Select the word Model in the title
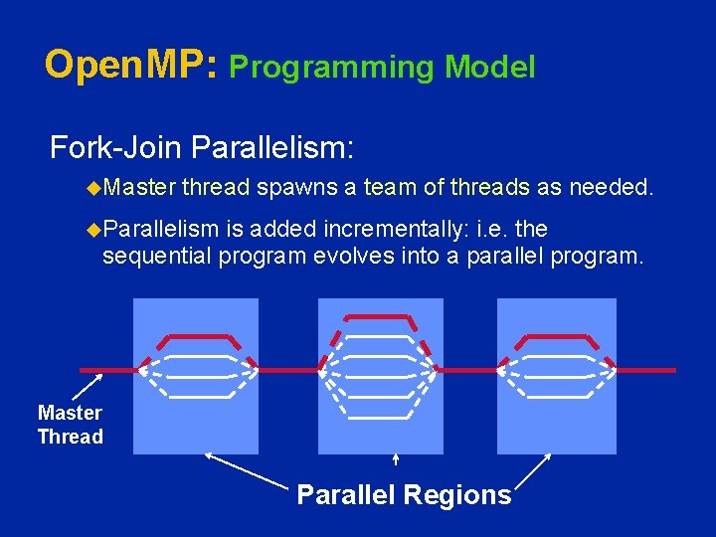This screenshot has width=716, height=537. [490, 68]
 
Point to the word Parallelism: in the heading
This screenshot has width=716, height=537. [270, 149]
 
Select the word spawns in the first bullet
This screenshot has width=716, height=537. [296, 186]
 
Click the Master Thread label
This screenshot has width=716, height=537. [70, 425]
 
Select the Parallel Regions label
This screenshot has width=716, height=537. [404, 494]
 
